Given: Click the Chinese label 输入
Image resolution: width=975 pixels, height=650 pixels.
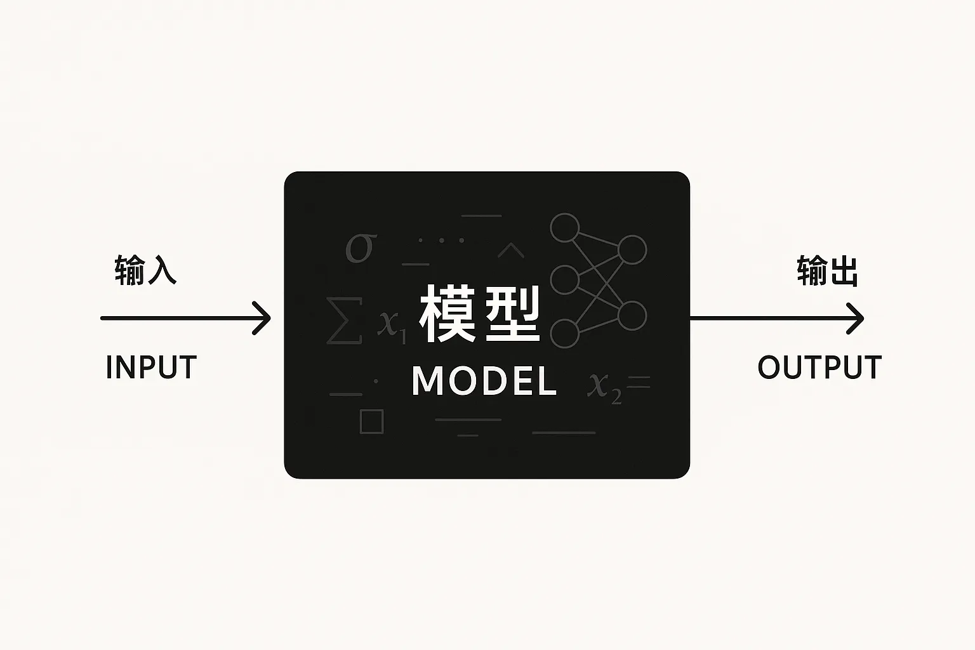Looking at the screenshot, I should click(x=145, y=270).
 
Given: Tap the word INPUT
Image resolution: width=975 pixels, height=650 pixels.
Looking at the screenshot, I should click(x=151, y=368).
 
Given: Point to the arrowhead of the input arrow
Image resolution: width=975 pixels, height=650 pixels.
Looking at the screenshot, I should click(x=263, y=318).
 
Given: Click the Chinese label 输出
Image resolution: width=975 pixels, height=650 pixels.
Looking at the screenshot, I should click(x=828, y=271).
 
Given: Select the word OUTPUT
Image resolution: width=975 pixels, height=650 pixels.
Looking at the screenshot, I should click(x=819, y=368).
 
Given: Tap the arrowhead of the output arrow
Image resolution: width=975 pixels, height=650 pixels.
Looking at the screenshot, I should click(x=857, y=318).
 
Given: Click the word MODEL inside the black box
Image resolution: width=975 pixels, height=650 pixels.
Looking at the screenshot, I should click(x=484, y=381).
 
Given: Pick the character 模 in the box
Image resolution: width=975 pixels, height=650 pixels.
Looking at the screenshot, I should click(x=448, y=314).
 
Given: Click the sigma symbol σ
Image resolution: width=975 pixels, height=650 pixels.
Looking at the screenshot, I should click(x=361, y=247).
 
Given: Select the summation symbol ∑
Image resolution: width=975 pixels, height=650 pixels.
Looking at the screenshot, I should click(x=343, y=321).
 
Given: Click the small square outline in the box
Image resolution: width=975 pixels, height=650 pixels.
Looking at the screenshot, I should click(x=371, y=421).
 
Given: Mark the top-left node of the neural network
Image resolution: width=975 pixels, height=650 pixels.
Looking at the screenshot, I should click(x=564, y=228).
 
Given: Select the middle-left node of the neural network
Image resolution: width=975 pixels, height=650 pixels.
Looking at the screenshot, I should click(x=564, y=280).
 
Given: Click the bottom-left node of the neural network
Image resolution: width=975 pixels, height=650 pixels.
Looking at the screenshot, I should click(x=564, y=334).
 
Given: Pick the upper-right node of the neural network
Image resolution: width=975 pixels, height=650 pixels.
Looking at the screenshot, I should click(x=632, y=250).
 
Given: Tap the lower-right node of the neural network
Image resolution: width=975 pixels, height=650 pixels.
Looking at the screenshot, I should click(x=632, y=316).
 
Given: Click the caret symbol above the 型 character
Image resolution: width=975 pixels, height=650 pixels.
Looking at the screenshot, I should click(x=511, y=251).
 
